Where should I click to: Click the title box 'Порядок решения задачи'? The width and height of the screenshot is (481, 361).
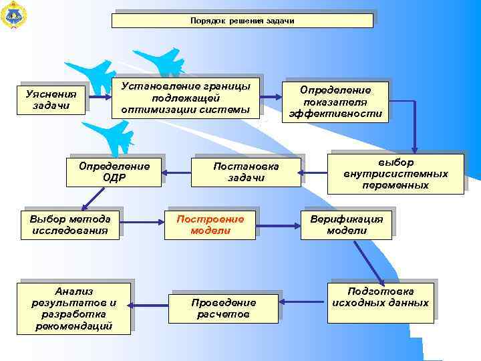tap(242, 21)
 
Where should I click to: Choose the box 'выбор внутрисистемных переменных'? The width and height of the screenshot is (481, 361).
tap(395, 174)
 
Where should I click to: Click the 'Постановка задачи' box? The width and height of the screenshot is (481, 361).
tap(246, 172)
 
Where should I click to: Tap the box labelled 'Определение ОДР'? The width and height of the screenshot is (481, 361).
tap(115, 172)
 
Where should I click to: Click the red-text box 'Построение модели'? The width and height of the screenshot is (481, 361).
tap(210, 225)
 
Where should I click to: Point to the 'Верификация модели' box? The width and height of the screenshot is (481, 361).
tap(346, 225)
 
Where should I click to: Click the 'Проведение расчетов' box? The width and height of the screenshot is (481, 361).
tap(224, 308)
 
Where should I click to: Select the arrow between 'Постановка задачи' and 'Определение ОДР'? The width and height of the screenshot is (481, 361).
tap(176, 173)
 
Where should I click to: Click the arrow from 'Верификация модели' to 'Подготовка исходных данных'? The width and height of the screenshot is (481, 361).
tap(369, 263)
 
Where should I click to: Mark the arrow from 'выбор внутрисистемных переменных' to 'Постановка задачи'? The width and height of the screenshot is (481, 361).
tap(313, 174)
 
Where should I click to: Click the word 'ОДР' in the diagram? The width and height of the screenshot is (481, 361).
tap(115, 178)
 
